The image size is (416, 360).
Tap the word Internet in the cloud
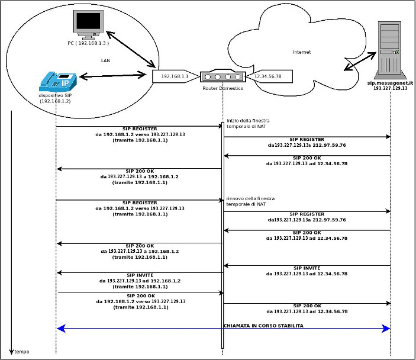[301, 52]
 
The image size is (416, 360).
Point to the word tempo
[22, 352]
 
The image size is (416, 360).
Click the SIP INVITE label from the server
[307, 268]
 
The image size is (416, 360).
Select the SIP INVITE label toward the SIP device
[140, 275]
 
